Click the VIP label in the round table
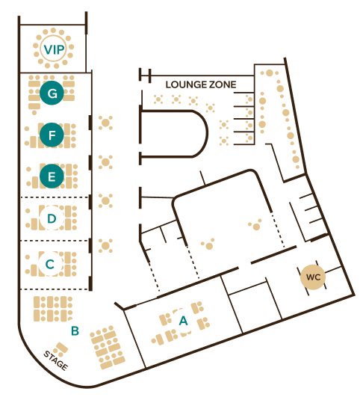(x=54, y=49)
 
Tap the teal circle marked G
(x=52, y=93)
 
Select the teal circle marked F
(x=52, y=135)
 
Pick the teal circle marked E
(x=52, y=176)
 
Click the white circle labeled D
(x=52, y=218)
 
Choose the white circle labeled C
(x=50, y=264)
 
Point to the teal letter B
(x=75, y=330)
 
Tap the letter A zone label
(x=184, y=321)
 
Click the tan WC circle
(x=313, y=277)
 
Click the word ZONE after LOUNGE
(x=223, y=84)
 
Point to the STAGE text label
(x=55, y=360)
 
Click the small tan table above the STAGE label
(x=62, y=348)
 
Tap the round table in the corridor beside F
(x=105, y=123)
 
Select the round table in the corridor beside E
(x=105, y=162)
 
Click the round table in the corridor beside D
(x=105, y=200)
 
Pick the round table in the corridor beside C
(x=105, y=245)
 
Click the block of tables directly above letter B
(x=53, y=309)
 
